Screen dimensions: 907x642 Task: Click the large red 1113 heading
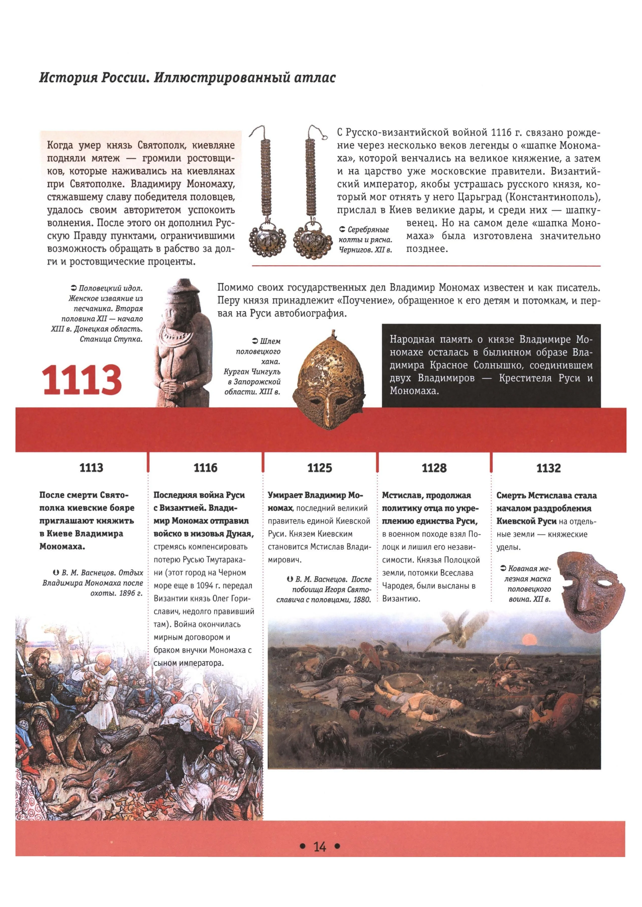click(81, 380)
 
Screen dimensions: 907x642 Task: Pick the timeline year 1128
click(434, 468)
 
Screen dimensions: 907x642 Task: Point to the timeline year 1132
click(548, 468)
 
